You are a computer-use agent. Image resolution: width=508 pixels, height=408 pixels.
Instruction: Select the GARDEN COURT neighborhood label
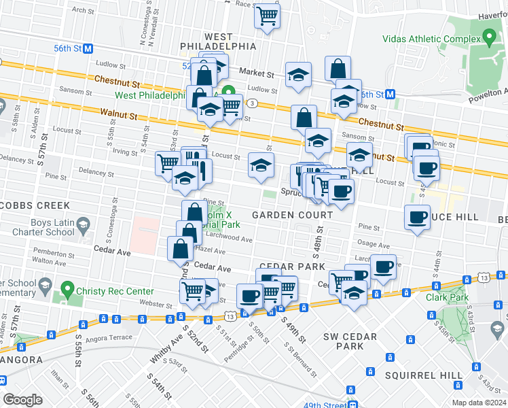point(293,215)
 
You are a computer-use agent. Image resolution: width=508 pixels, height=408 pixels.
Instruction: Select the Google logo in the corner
point(22,399)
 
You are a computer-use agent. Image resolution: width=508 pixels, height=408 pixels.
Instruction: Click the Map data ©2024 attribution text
point(477,403)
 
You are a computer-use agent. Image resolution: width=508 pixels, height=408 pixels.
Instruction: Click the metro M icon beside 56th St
point(88,48)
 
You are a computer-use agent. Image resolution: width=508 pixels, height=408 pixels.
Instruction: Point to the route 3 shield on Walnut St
point(252,103)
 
